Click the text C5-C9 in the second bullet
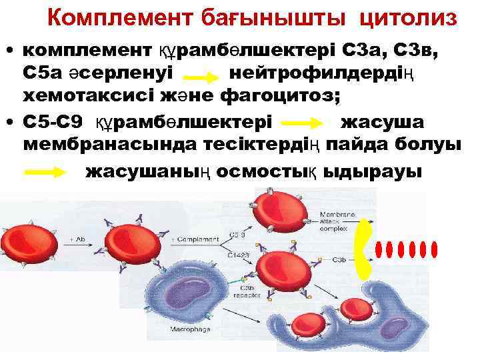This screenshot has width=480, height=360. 53,123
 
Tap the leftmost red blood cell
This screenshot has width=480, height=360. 37,239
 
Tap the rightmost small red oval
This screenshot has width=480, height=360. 435,249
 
